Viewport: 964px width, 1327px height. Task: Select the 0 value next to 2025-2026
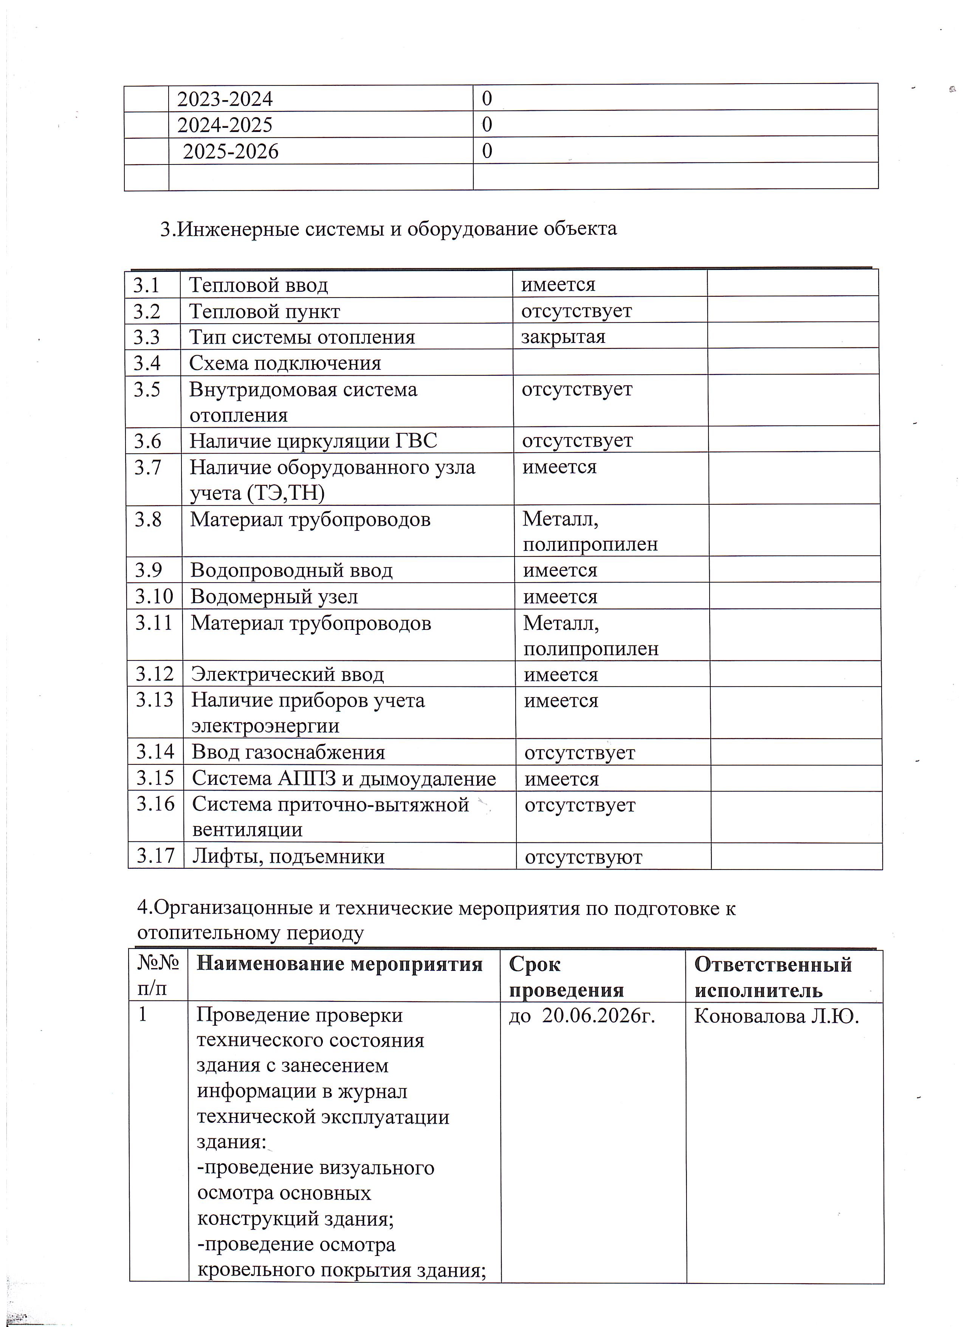click(487, 151)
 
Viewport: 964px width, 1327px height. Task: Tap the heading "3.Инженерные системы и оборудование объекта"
click(388, 228)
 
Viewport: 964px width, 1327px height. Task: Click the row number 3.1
click(146, 285)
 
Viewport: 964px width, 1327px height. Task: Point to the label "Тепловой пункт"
click(264, 311)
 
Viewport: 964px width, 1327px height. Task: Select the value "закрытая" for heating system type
click(563, 337)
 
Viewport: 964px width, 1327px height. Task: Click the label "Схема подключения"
click(285, 363)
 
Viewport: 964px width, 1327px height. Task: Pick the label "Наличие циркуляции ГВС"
click(313, 440)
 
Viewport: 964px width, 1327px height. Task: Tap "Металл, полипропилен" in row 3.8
click(590, 531)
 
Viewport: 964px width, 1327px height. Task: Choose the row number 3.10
click(154, 596)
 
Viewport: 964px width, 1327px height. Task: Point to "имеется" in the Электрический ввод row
click(560, 674)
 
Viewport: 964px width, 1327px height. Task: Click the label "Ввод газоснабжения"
click(288, 752)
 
